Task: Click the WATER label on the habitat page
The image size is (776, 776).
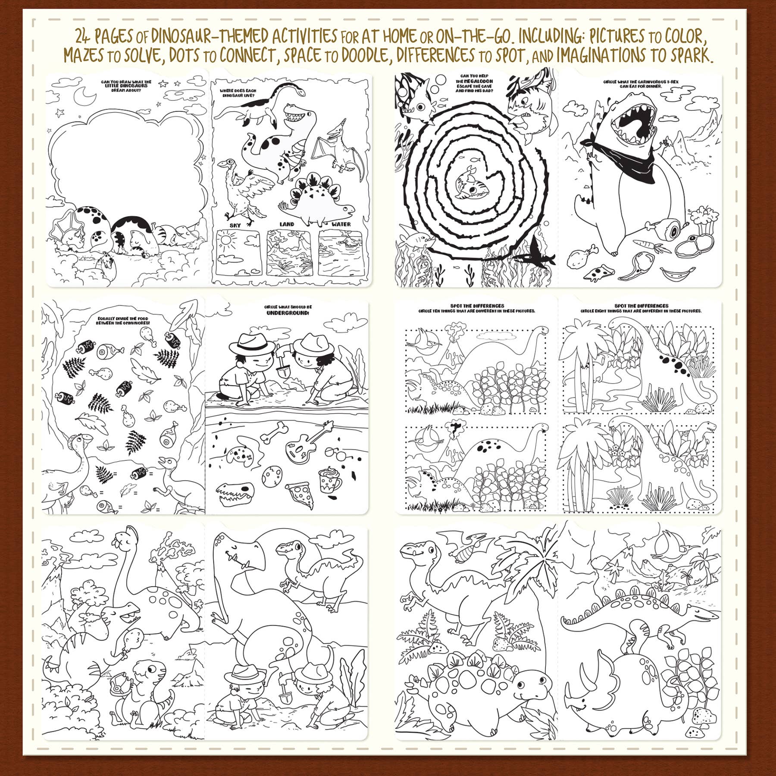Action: (x=341, y=224)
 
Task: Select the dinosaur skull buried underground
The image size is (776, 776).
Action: (x=233, y=490)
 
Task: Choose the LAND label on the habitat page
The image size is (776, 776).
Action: (x=287, y=224)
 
